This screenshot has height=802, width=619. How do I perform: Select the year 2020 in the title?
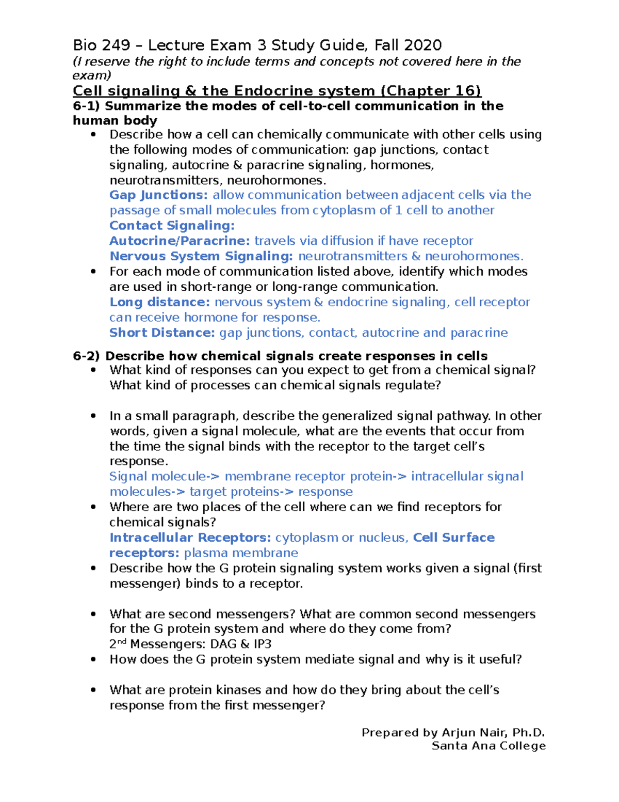tap(422, 45)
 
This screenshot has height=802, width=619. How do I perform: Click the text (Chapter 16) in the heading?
tap(431, 91)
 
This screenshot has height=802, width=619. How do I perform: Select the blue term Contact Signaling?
tap(172, 226)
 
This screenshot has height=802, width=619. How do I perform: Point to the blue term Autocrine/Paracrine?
tap(180, 241)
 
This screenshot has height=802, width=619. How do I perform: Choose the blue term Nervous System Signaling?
tap(201, 256)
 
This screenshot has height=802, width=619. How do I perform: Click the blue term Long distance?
tap(159, 302)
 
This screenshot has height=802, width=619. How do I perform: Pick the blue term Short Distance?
tap(162, 333)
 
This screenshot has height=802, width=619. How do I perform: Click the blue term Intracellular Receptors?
tap(190, 538)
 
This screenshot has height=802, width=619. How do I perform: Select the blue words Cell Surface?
tap(454, 538)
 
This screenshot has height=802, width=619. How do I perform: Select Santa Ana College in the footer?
tap(488, 746)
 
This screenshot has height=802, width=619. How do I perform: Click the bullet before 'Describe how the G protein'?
tap(93, 569)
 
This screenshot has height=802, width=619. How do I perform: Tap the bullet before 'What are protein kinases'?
tap(93, 690)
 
